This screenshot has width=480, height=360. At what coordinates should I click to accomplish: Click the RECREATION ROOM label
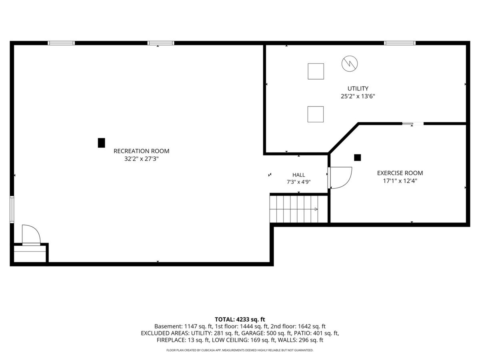(x=141, y=151)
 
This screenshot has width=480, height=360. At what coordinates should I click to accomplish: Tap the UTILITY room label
(x=358, y=88)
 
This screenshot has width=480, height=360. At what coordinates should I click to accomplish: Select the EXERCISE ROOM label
(x=400, y=173)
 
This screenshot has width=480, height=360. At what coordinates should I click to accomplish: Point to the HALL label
(x=298, y=175)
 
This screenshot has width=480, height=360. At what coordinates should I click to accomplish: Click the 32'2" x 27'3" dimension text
(x=141, y=159)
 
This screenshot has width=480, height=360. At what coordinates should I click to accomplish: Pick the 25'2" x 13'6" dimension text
(x=358, y=96)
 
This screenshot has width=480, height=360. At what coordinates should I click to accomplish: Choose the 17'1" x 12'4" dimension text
(x=400, y=181)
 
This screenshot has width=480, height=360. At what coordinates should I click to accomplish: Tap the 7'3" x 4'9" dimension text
(x=298, y=182)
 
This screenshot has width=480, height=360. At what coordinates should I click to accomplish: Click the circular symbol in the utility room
(x=350, y=64)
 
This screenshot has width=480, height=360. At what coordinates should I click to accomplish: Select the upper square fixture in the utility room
(x=316, y=71)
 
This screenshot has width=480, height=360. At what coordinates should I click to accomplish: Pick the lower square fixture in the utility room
(x=315, y=114)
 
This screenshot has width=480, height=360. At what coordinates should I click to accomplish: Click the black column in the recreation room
(x=101, y=143)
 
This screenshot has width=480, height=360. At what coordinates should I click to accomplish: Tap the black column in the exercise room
(x=357, y=158)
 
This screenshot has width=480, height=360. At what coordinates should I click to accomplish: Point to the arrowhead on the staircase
(x=316, y=209)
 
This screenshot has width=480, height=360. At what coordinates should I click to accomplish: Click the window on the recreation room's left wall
(x=12, y=210)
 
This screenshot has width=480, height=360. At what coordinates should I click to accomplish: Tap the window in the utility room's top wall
(x=400, y=43)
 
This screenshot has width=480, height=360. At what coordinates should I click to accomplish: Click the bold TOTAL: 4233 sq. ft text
(x=240, y=320)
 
